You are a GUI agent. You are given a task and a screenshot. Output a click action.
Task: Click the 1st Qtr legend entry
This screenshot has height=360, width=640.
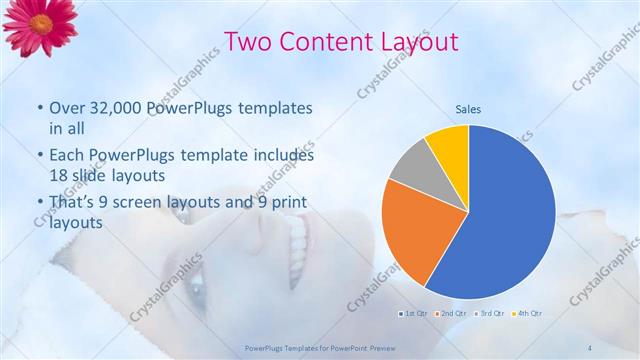click(414, 315)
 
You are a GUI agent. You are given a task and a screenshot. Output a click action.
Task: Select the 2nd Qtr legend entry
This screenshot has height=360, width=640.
click(453, 315)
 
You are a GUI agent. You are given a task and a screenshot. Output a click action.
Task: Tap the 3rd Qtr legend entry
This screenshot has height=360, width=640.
click(491, 315)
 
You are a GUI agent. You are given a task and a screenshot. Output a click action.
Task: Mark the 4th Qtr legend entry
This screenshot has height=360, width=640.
click(528, 315)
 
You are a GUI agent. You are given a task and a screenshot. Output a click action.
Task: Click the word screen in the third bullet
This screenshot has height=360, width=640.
click(158, 204)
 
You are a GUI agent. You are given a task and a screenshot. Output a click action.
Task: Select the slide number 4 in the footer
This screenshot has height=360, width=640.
click(590, 347)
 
